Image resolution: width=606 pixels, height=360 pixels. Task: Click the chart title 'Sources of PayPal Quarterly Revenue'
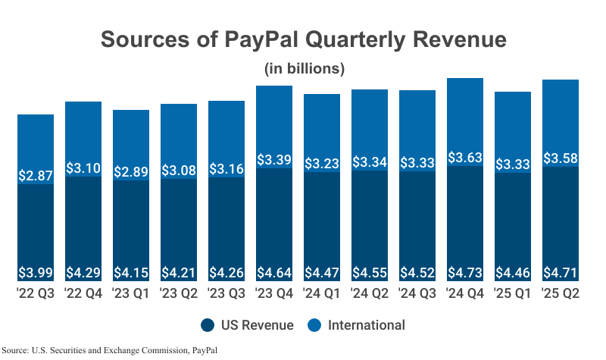303,39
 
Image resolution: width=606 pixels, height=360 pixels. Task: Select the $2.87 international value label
36,175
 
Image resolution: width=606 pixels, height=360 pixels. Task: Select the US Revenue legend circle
208,325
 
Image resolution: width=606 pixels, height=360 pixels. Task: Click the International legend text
367,325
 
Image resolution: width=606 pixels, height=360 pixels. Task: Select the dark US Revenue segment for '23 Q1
131,227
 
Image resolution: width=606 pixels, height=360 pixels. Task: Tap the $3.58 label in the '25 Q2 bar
561,159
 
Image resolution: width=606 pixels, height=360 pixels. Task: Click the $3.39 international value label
274,160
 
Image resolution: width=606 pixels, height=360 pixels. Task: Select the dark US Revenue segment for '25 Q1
513,227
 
